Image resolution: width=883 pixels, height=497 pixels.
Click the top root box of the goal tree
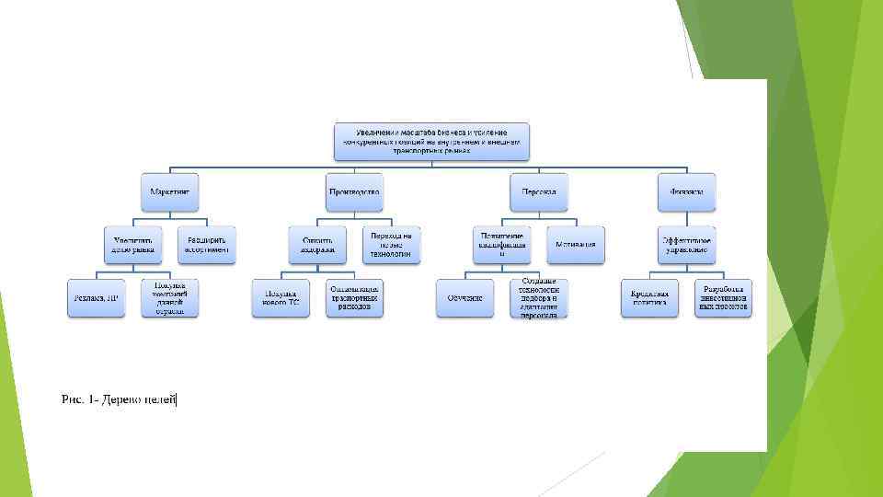[431, 139]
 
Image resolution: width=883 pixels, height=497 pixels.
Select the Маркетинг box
[170, 191]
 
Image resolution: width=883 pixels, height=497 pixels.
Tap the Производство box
[354, 191]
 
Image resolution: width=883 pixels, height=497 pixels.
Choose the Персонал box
[539, 191]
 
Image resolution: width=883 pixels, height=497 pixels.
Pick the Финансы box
[686, 191]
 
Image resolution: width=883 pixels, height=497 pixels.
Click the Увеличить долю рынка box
[132, 244]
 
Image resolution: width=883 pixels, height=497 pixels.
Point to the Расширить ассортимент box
[206, 244]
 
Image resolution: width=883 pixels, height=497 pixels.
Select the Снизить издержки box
[317, 244]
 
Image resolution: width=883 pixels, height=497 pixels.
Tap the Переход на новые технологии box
[391, 244]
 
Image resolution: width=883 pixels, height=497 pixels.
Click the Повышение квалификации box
[502, 244]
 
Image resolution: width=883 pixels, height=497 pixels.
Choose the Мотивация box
[576, 244]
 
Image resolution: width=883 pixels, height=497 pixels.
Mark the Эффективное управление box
[686, 244]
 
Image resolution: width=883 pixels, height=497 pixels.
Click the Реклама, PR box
[96, 298]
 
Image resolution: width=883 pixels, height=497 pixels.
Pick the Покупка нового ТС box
[281, 298]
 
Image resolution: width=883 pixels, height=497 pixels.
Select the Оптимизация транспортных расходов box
[354, 298]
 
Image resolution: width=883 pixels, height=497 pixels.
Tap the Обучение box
[465, 298]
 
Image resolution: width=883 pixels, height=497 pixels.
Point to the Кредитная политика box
[649, 298]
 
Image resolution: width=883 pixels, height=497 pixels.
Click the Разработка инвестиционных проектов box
[723, 298]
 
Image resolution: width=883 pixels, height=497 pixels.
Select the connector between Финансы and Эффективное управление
[686, 217]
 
